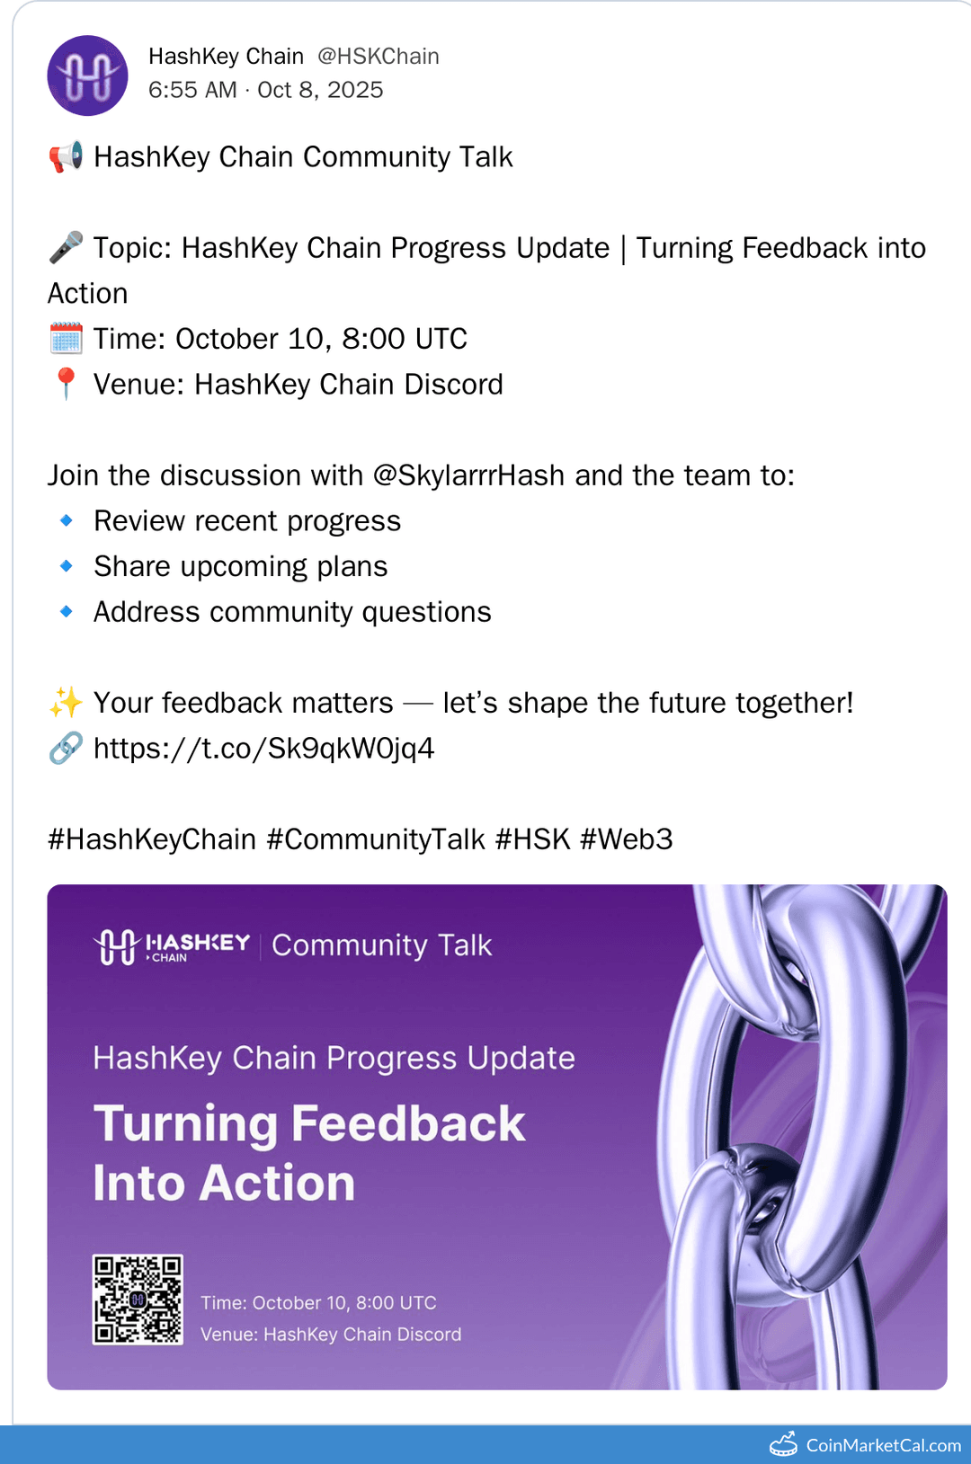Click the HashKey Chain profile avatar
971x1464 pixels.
[87, 75]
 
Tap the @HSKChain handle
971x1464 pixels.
[379, 57]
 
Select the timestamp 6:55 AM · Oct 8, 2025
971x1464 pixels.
[265, 90]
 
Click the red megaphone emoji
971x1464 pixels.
[66, 157]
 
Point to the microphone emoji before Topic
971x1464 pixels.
[66, 247]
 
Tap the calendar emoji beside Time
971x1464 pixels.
[66, 340]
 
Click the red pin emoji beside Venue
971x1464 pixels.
[66, 384]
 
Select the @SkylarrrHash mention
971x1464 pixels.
[468, 475]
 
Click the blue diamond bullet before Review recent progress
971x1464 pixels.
[66, 520]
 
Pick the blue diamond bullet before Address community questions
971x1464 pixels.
[66, 611]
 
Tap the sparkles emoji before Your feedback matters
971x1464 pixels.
[66, 703]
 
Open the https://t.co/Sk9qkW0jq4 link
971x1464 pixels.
[263, 748]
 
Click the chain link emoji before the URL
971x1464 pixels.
[66, 748]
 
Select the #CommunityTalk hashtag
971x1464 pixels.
[376, 839]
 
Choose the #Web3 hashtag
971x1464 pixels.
[626, 839]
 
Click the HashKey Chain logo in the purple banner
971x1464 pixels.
[172, 946]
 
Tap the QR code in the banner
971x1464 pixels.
[138, 1300]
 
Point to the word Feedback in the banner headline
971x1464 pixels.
[408, 1123]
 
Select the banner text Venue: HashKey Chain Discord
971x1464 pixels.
[331, 1335]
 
